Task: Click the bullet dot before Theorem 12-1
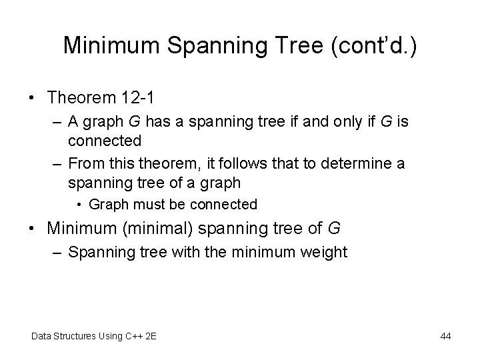click(x=33, y=99)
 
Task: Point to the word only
click(x=333, y=123)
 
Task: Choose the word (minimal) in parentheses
click(x=158, y=229)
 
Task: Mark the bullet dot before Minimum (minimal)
click(x=33, y=229)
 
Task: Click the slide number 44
click(x=446, y=336)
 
